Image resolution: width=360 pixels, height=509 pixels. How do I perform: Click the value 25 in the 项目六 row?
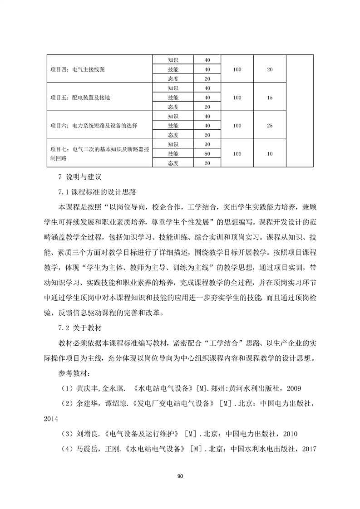pyautogui.click(x=270, y=125)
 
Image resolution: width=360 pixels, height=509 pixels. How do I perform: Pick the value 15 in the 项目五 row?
pyautogui.click(x=270, y=98)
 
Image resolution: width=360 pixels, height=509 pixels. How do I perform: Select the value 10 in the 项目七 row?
pyautogui.click(x=270, y=153)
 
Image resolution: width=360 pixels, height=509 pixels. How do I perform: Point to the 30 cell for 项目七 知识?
pyautogui.click(x=207, y=144)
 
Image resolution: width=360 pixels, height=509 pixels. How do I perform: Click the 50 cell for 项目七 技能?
pyautogui.click(x=207, y=153)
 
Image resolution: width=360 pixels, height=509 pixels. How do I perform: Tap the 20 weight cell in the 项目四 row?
pyautogui.click(x=270, y=69)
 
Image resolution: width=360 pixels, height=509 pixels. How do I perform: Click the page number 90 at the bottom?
pyautogui.click(x=180, y=476)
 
